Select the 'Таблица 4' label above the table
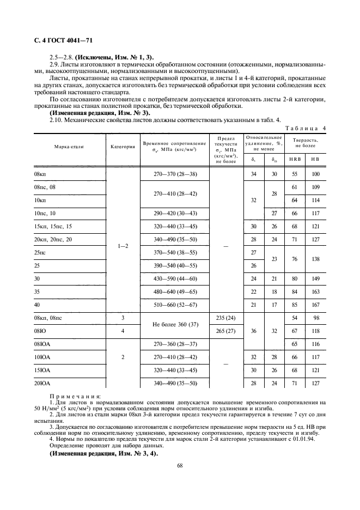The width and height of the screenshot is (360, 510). point(305,129)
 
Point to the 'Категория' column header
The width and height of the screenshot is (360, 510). point(123,147)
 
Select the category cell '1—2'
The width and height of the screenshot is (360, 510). point(123,246)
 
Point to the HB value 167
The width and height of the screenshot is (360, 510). point(315,305)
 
